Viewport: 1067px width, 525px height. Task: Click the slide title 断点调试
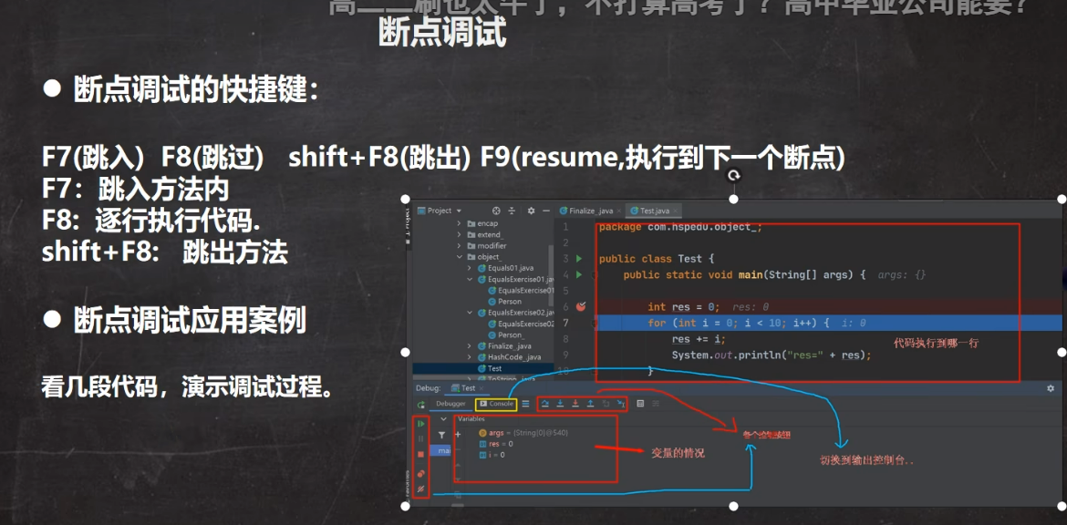441,33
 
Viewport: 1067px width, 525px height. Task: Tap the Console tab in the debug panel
497,403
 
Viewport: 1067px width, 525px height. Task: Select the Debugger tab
451,403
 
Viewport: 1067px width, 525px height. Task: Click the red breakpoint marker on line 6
579,307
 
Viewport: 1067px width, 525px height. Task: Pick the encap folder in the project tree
488,223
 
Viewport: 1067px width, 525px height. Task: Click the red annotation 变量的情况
677,452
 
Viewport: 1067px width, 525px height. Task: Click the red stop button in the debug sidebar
420,454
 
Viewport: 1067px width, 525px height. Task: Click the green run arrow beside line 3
578,259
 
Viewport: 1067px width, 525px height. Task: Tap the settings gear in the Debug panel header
1051,388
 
